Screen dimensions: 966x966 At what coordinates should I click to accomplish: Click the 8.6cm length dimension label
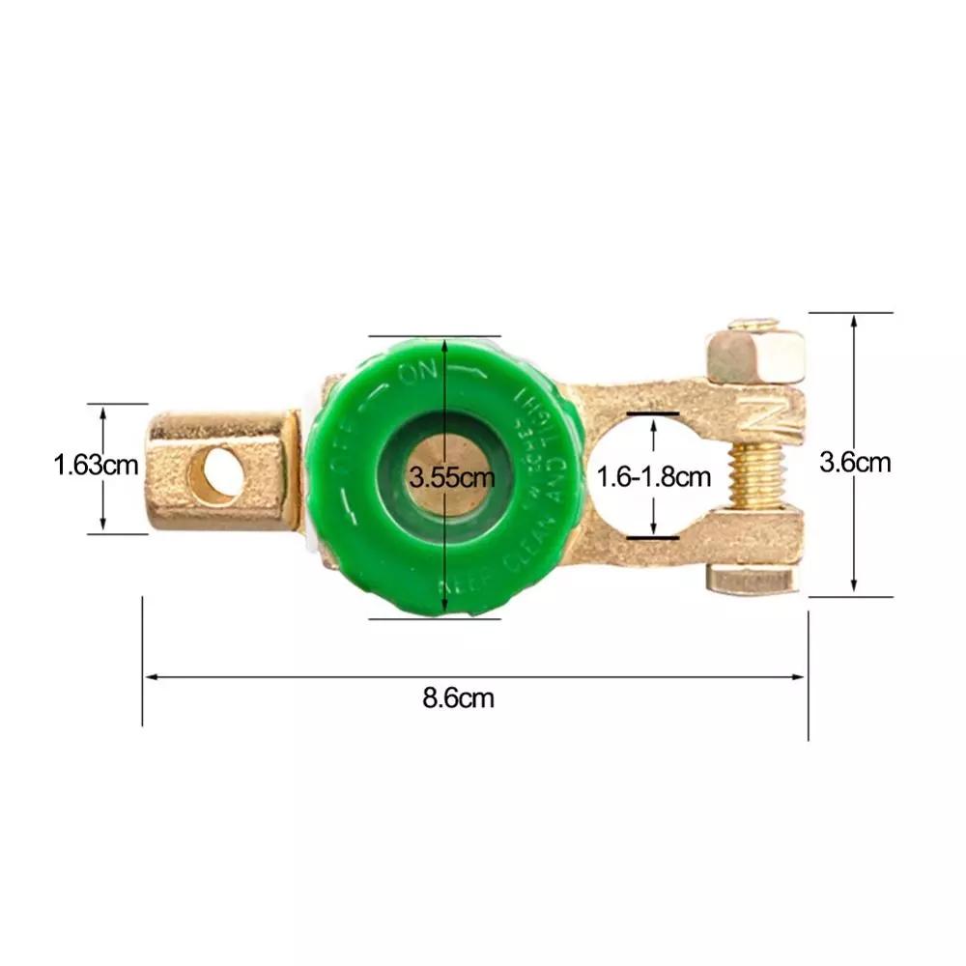[458, 697]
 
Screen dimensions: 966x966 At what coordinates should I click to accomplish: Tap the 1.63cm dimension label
[96, 467]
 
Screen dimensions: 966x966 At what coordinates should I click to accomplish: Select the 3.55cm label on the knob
[451, 476]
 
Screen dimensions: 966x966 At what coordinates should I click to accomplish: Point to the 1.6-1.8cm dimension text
[654, 476]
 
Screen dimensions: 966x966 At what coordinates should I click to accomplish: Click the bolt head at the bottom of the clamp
[753, 580]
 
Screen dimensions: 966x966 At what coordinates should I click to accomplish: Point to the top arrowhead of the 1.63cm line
[103, 410]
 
